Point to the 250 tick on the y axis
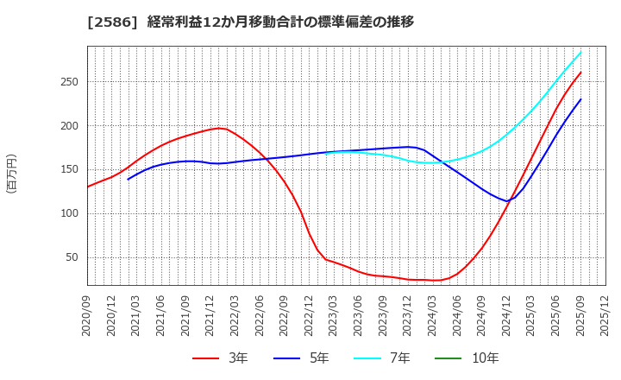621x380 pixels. pyautogui.click(x=69, y=82)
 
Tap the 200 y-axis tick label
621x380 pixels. pyautogui.click(x=69, y=126)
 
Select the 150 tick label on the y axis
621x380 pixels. pyautogui.click(x=69, y=169)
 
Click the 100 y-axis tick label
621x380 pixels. pyautogui.click(x=69, y=213)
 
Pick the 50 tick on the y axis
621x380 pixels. pyautogui.click(x=72, y=257)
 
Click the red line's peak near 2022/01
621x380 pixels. pyautogui.click(x=219, y=128)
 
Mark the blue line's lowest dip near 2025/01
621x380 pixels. pyautogui.click(x=508, y=201)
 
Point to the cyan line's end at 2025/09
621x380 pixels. pyautogui.click(x=580, y=52)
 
